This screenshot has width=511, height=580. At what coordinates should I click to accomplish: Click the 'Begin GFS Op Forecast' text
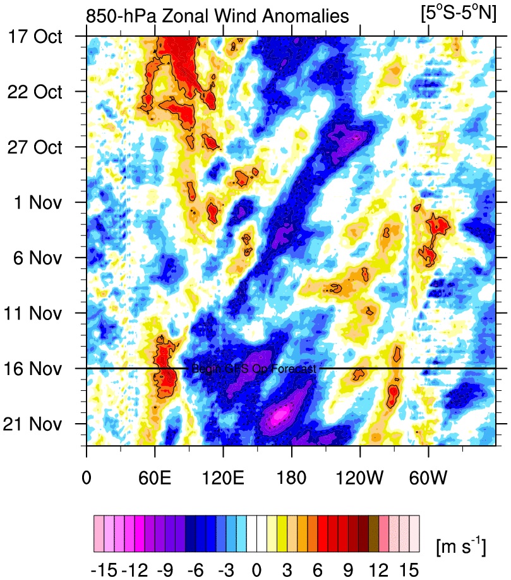point(253,369)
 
